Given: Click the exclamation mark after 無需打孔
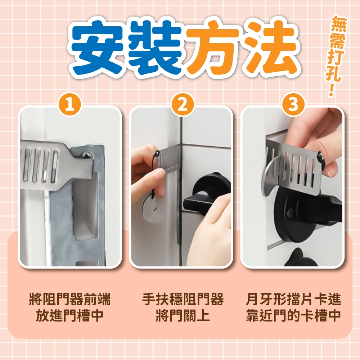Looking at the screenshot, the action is (331, 91).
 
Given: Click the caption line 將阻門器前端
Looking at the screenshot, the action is (70, 299).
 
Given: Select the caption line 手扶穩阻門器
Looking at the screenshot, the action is (183, 299).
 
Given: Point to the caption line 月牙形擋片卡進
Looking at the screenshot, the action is (293, 299).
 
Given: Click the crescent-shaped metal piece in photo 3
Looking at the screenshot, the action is (268, 177).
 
